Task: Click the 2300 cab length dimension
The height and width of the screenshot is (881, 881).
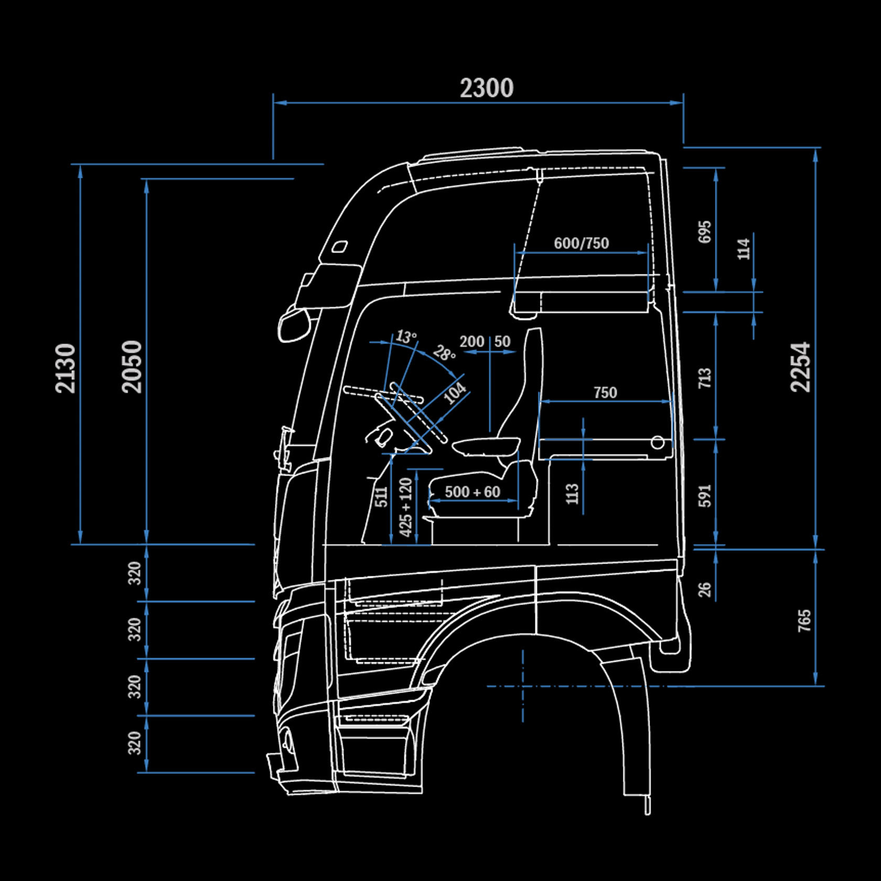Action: coord(487,88)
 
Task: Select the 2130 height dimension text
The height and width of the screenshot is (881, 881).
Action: coord(66,368)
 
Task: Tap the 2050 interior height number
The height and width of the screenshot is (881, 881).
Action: coord(132,367)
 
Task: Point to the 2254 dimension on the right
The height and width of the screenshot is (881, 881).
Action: coord(801,367)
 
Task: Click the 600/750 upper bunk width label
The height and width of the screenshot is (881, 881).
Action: coord(581,243)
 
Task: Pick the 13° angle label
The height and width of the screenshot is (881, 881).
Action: coord(406,336)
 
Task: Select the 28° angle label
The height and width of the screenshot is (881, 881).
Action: coord(444,353)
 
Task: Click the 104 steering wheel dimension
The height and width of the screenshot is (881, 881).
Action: coord(454,393)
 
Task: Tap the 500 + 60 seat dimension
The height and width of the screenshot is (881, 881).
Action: coord(472,492)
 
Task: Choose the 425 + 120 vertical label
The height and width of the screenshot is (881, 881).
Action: coord(406,507)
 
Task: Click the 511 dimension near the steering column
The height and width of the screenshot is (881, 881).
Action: coord(382,497)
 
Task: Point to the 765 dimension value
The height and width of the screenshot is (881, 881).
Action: coord(804,620)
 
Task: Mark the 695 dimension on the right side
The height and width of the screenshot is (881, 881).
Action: coord(704,231)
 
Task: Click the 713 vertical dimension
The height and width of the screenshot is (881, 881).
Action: coord(704,378)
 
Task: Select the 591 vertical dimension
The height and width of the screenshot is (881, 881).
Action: coord(704,496)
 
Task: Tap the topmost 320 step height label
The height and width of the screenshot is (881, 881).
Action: coord(135,573)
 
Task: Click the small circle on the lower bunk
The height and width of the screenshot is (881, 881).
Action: coord(658,443)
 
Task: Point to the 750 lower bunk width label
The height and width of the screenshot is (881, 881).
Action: coord(605,392)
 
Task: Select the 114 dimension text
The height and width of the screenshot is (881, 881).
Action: coord(744,249)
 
